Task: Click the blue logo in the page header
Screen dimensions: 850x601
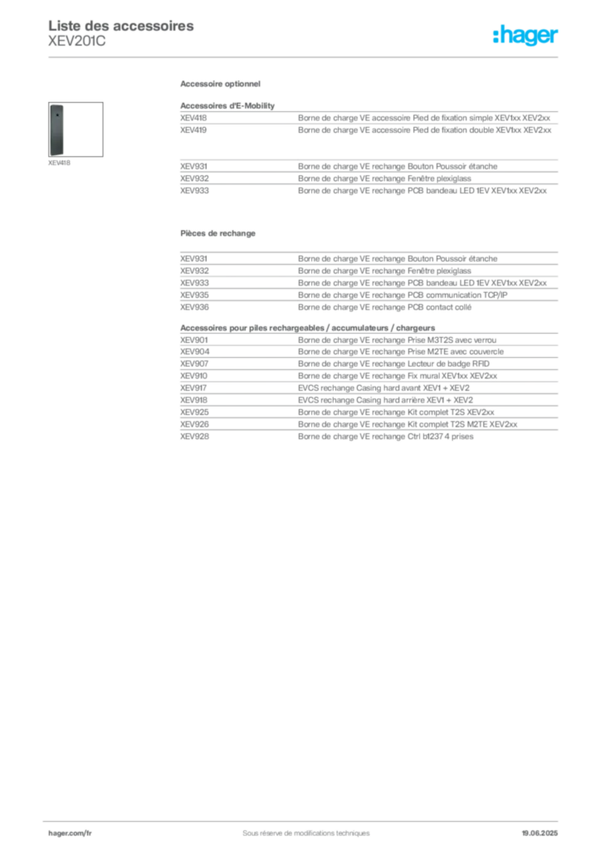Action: [525, 36]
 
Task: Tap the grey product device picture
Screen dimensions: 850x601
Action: [56, 129]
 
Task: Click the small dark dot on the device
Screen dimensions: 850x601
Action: [56, 115]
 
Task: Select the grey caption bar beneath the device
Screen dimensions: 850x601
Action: [59, 163]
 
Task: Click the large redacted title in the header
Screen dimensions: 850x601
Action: [123, 25]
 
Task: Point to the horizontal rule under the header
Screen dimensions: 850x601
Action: [305, 56]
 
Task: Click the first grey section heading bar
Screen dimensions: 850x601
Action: [222, 86]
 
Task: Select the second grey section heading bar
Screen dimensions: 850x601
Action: [218, 233]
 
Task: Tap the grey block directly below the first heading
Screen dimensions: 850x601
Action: [368, 121]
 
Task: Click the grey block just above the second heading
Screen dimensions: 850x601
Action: [368, 175]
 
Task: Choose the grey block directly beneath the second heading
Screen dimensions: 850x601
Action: [368, 278]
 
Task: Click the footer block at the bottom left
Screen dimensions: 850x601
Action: [69, 831]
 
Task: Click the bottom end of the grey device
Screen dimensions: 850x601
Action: [56, 154]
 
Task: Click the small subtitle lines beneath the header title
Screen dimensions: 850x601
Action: [76, 43]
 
